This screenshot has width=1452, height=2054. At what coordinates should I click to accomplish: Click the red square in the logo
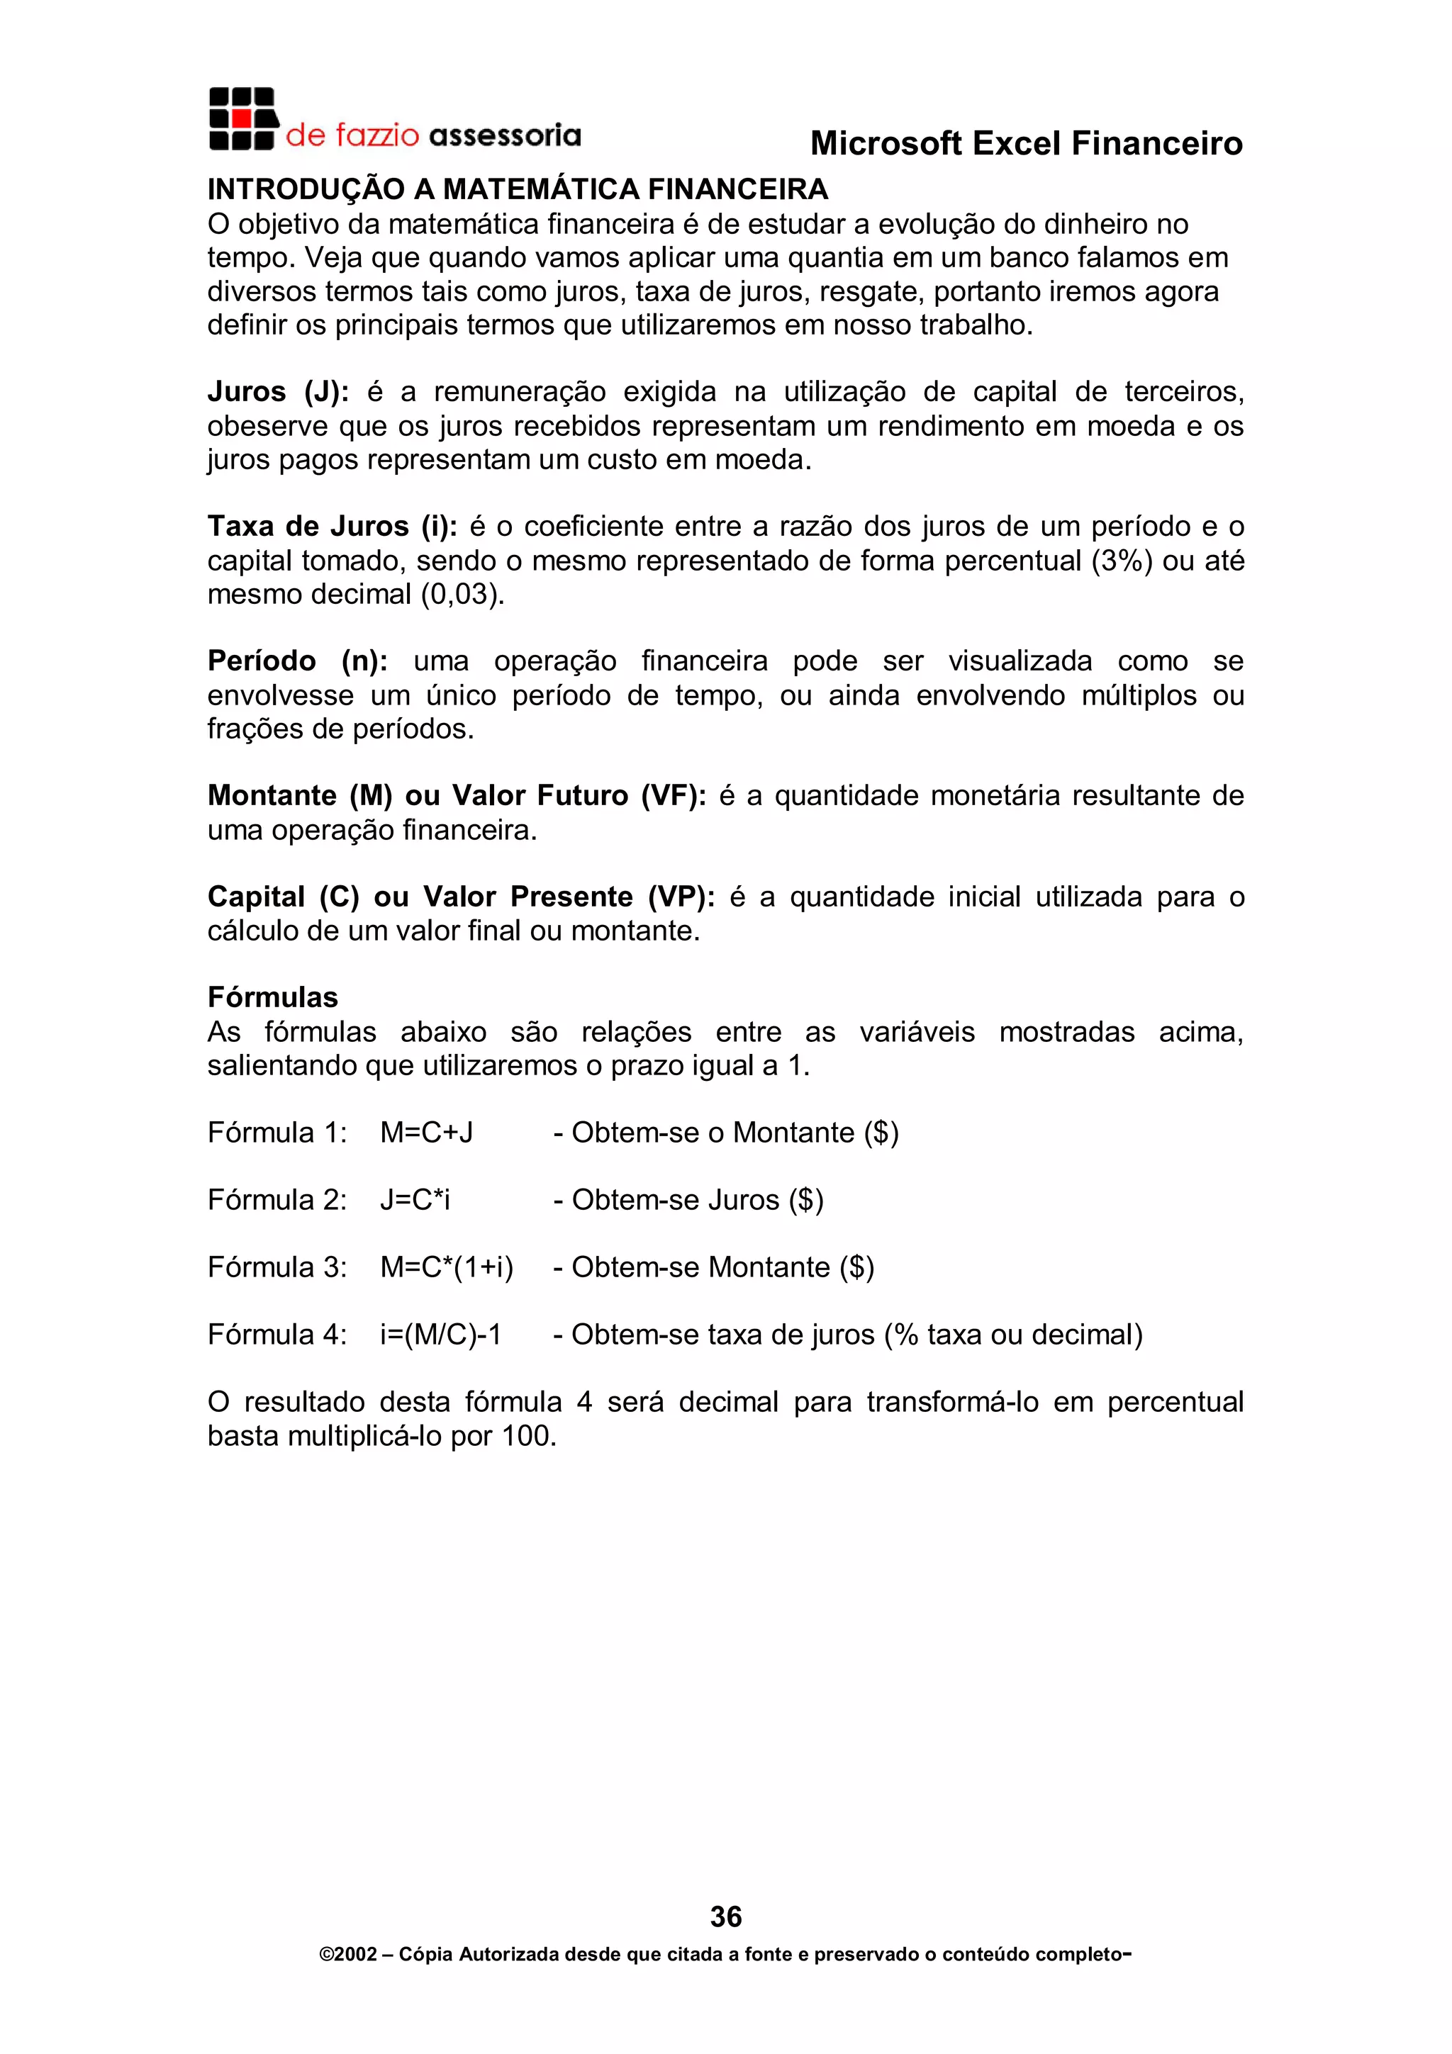pos(240,119)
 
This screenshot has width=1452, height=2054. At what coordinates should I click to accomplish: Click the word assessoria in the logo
pos(505,136)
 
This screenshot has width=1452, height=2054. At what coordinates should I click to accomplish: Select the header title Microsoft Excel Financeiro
pos(1026,144)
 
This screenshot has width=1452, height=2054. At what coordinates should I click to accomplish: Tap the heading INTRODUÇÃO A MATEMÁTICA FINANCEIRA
pos(518,190)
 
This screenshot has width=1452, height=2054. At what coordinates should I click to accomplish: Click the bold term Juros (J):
pos(278,392)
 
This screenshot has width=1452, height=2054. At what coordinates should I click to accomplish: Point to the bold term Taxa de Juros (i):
pos(332,526)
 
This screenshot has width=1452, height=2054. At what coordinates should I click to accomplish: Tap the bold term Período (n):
pos(297,661)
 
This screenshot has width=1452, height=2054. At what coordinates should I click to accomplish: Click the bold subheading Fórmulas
pos(273,997)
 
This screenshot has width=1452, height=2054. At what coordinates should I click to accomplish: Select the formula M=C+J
pos(427,1133)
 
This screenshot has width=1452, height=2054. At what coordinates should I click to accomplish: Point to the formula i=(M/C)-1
pos(440,1335)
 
